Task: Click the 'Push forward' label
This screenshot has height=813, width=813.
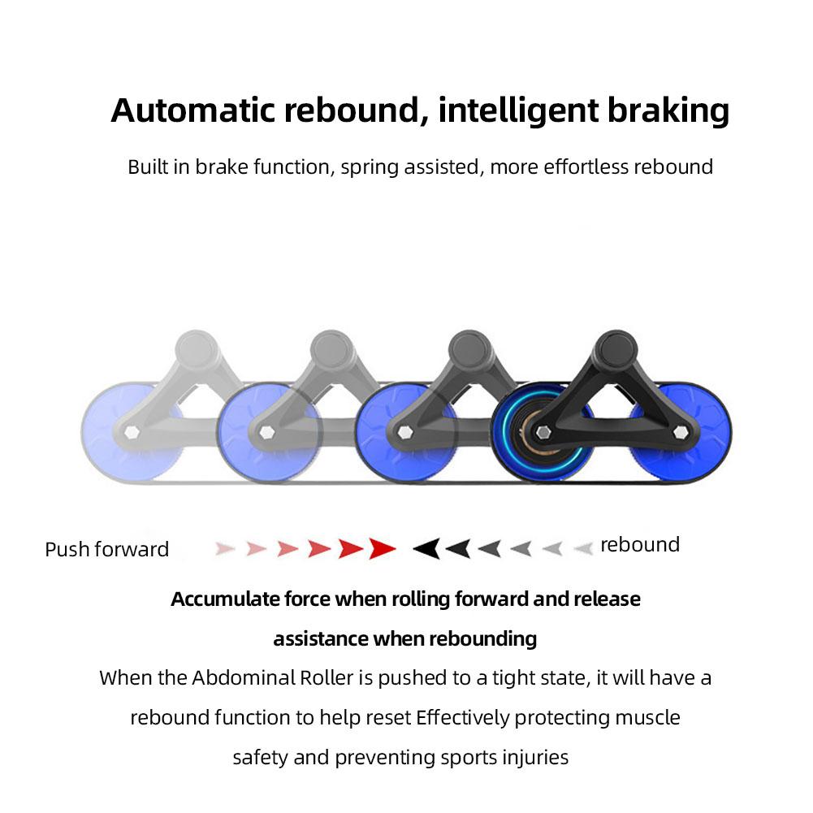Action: (106, 550)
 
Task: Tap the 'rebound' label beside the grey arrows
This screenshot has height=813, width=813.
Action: (639, 545)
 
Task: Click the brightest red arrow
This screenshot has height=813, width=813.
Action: (381, 549)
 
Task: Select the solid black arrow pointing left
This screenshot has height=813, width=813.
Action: (426, 549)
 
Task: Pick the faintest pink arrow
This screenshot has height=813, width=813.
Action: (225, 549)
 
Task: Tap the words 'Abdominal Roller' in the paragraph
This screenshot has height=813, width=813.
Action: (282, 678)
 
